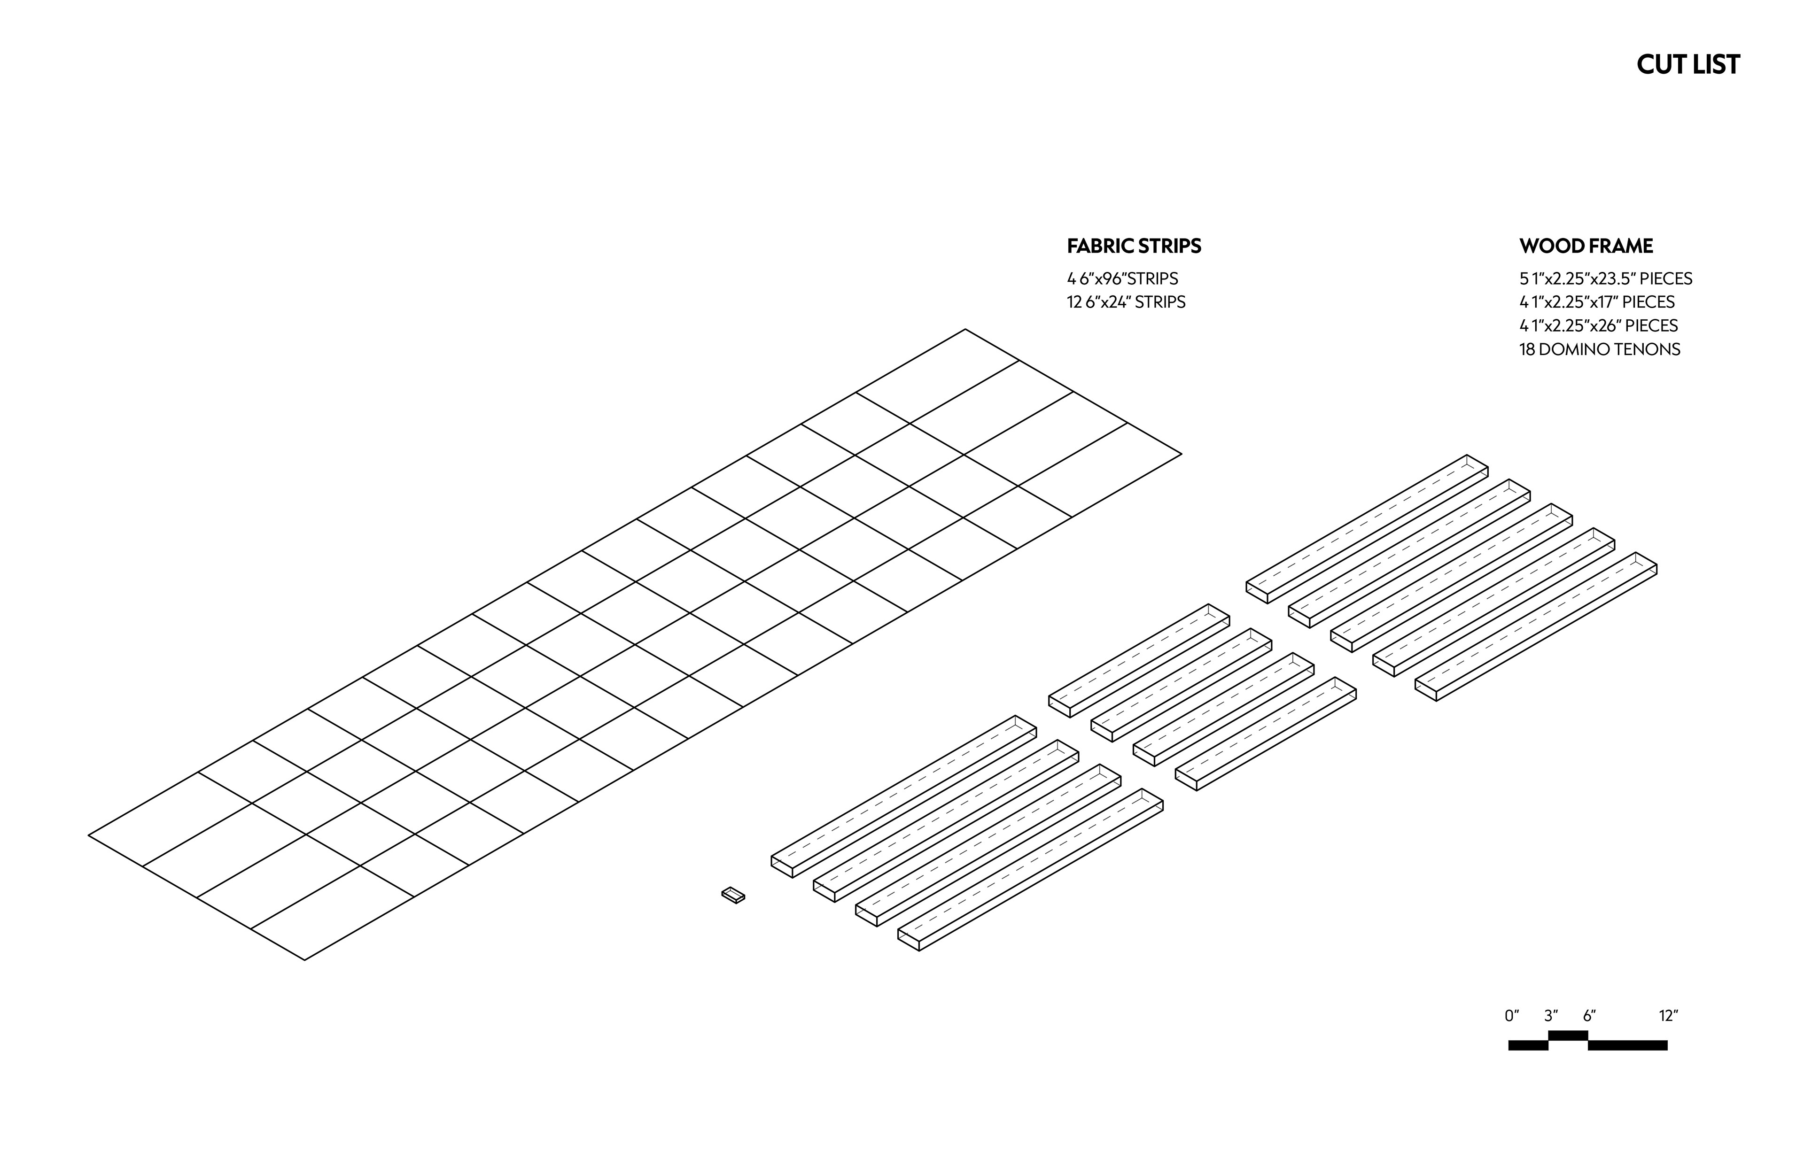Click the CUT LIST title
pyautogui.click(x=1687, y=64)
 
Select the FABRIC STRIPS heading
pyautogui.click(x=1134, y=246)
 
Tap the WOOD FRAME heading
pyautogui.click(x=1586, y=246)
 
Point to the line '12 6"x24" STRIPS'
pyautogui.click(x=1126, y=302)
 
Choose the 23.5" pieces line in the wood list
pyautogui.click(x=1605, y=279)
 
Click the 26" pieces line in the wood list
pyautogui.click(x=1598, y=326)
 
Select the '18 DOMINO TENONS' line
pyautogui.click(x=1599, y=349)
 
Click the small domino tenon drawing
pyautogui.click(x=733, y=895)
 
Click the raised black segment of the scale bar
pyautogui.click(x=1568, y=1035)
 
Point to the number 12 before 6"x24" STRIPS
pyautogui.click(x=1074, y=302)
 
